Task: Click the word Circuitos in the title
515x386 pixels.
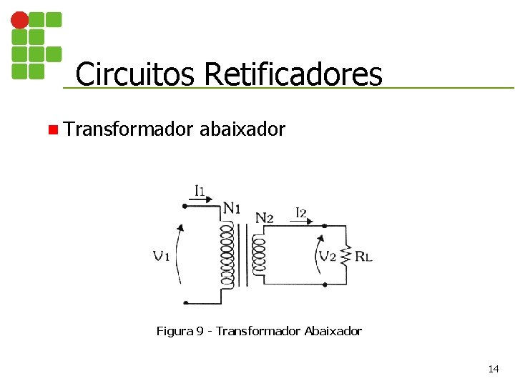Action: (135, 74)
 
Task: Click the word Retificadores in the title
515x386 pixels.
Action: (293, 74)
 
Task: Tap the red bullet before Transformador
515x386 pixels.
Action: (53, 130)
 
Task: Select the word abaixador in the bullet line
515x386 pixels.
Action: (242, 129)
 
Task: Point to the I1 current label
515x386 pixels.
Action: (200, 191)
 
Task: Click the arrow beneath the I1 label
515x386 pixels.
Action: (202, 202)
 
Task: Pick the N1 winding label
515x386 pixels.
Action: (232, 209)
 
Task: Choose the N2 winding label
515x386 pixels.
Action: (264, 217)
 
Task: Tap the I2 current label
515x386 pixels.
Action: (301, 212)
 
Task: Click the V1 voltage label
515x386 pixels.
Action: (161, 255)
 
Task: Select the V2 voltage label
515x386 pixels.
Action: (328, 256)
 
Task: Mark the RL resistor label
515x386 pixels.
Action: (363, 257)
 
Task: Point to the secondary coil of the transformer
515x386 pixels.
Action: (258, 255)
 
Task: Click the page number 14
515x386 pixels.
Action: (493, 369)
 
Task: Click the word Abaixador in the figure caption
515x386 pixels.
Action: (333, 331)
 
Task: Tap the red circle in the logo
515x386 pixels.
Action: (20, 21)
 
